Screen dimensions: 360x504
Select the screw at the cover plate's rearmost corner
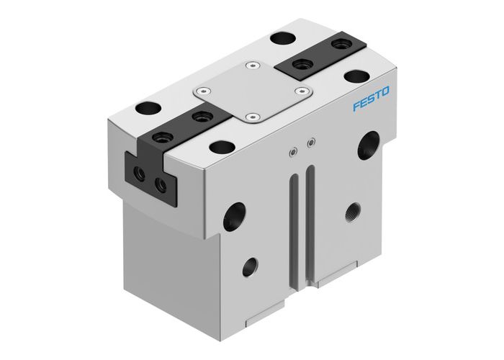click(x=251, y=66)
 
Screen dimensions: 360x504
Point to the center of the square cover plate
click(x=251, y=91)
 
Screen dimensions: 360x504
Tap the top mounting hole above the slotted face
click(x=220, y=148)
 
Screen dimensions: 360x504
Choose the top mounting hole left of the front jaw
click(x=148, y=109)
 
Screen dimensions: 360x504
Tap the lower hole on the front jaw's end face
click(x=161, y=185)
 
